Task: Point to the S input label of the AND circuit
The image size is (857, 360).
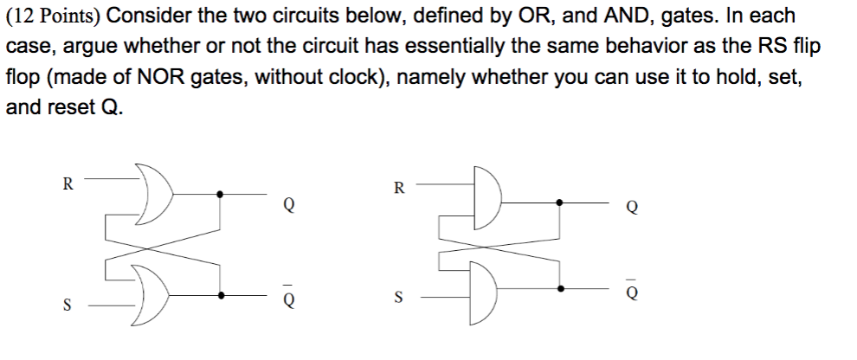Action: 399,298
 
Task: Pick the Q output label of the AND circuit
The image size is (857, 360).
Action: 633,208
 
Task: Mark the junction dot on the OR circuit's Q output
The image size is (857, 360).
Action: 222,194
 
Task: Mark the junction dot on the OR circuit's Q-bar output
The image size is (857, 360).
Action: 222,295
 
